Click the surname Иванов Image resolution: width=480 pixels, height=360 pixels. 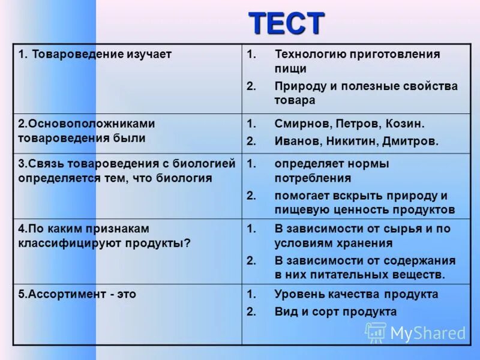296,142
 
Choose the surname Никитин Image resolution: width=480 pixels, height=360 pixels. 350,142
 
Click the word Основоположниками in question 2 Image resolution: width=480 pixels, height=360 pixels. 86,124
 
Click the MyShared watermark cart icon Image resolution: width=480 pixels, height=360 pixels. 376,332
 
